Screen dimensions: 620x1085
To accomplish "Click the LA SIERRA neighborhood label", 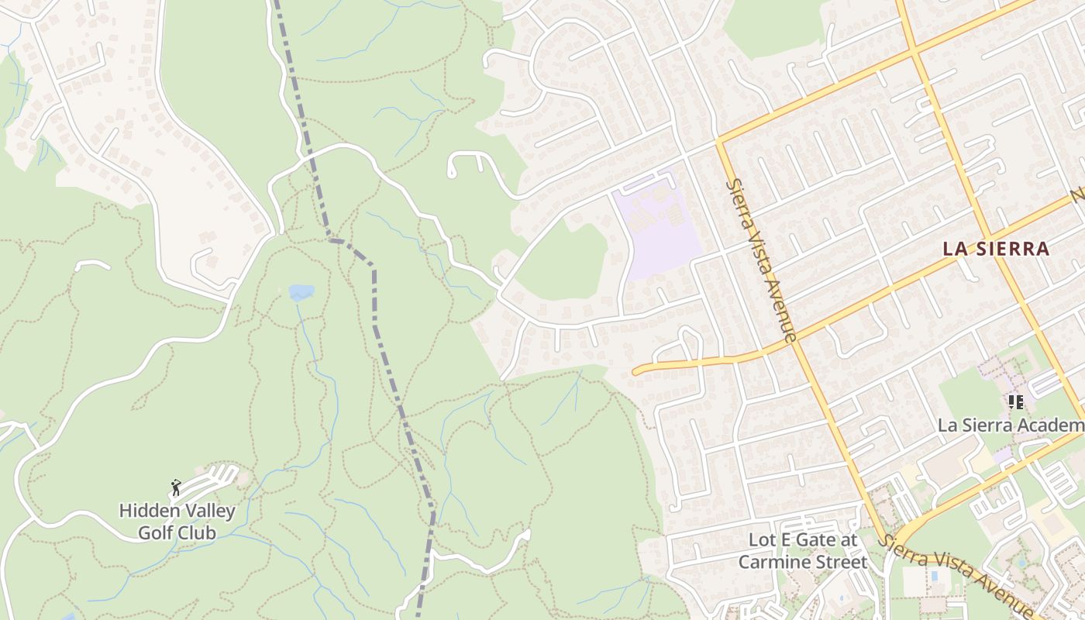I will coord(996,249).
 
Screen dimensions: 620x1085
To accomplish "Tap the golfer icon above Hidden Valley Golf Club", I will coord(176,487).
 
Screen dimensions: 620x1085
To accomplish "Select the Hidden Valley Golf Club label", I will coord(177,522).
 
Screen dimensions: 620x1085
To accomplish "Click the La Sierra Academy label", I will coord(1011,425).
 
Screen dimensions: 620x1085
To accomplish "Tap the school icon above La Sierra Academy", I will coord(1015,402).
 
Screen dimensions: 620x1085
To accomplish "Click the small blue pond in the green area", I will coord(301,292).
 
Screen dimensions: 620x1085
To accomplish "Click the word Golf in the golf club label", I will coord(157,532).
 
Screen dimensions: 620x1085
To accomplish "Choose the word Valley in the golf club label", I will coord(208,511).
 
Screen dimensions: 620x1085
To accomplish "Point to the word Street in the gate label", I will coord(841,562).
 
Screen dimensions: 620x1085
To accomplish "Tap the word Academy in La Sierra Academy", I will coord(1058,425).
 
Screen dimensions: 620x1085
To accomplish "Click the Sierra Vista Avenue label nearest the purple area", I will coord(760,260).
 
